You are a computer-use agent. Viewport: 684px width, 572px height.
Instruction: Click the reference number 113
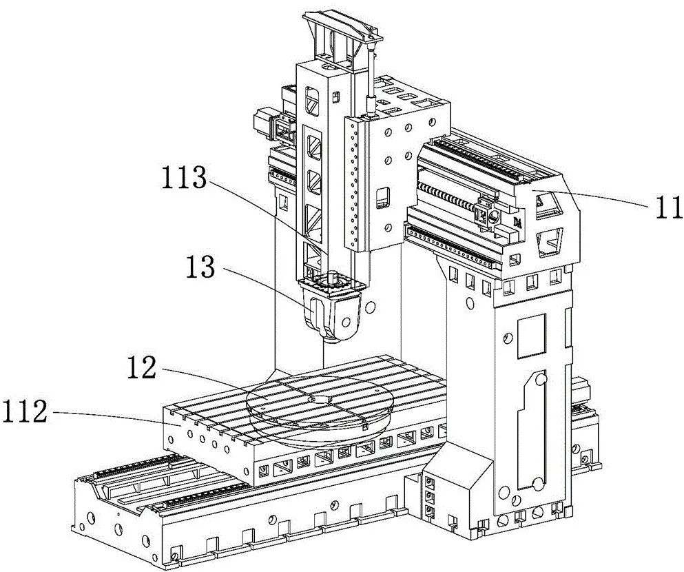pos(184,178)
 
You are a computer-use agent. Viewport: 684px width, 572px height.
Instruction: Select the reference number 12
pos(142,367)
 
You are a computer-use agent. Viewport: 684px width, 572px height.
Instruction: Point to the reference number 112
pos(23,412)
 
